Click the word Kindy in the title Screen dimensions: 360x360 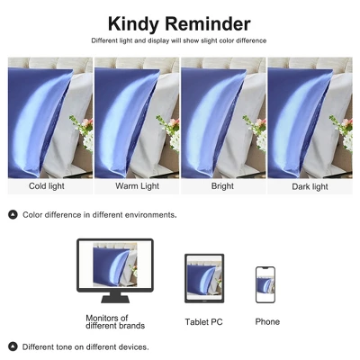(133, 24)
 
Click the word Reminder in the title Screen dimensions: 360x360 (208, 24)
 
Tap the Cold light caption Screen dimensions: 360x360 (47, 186)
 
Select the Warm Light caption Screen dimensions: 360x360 (137, 186)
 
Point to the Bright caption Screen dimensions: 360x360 (222, 186)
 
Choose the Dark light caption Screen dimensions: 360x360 (310, 187)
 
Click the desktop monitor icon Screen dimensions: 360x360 (115, 271)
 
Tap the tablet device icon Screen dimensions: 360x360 (204, 278)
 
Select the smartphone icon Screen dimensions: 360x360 (265, 284)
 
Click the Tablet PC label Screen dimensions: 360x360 (203, 322)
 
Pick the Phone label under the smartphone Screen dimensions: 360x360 (267, 321)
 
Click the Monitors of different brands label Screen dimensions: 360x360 (115, 321)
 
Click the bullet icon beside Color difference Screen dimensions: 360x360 (13, 215)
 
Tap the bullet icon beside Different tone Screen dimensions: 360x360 (13, 346)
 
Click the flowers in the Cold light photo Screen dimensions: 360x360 (83, 132)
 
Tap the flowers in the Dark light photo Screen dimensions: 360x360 (342, 132)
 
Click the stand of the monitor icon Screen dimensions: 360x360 (115, 298)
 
